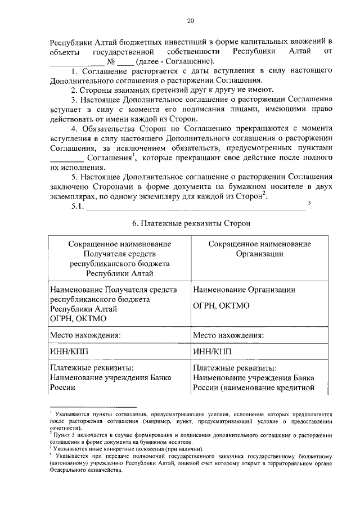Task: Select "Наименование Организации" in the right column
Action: click(x=244, y=289)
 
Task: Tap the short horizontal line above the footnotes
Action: click(x=93, y=406)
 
